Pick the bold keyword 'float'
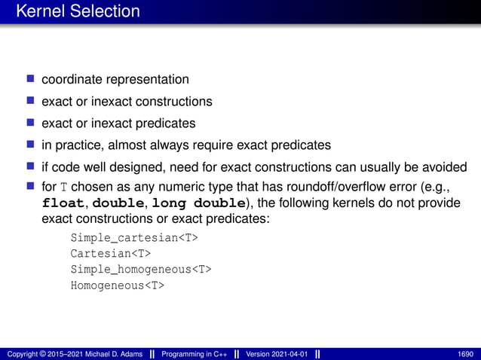coord(64,203)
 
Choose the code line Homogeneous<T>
coord(117,285)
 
